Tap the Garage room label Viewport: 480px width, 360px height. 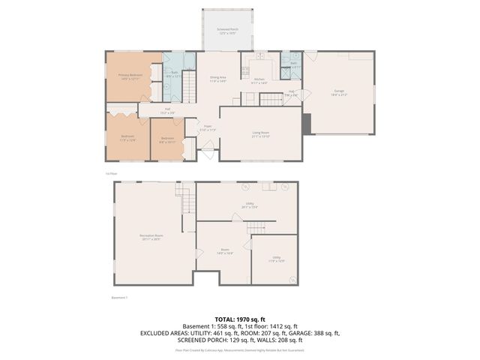point(339,92)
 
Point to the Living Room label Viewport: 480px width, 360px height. point(260,134)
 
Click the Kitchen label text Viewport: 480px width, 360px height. point(259,81)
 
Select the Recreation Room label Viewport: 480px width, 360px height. point(151,237)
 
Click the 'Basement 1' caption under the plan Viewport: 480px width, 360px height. point(120,298)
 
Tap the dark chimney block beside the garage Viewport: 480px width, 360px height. point(306,124)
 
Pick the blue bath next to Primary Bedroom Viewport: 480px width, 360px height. point(174,74)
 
